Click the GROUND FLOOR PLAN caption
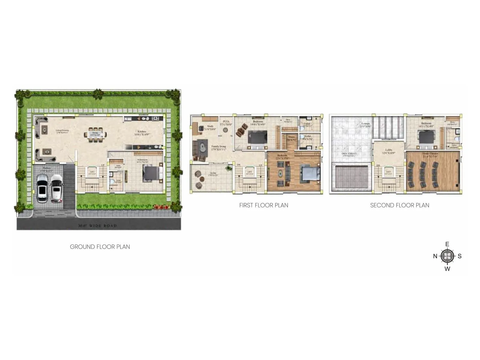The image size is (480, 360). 100,247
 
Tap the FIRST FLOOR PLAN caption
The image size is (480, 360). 264,205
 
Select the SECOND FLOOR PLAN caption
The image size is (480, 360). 400,205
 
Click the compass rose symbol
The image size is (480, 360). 447,256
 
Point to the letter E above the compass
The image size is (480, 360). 447,244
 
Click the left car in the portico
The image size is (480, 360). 42,188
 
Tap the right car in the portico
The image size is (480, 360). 56,188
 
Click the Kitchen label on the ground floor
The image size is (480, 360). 142,132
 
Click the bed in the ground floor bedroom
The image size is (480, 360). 151,173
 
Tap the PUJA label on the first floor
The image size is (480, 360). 226,122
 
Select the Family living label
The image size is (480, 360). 218,147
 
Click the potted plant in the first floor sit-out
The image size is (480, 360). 229,168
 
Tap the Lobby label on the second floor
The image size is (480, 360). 389,150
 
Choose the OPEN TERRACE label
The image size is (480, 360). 349,154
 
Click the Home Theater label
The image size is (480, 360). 430,154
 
